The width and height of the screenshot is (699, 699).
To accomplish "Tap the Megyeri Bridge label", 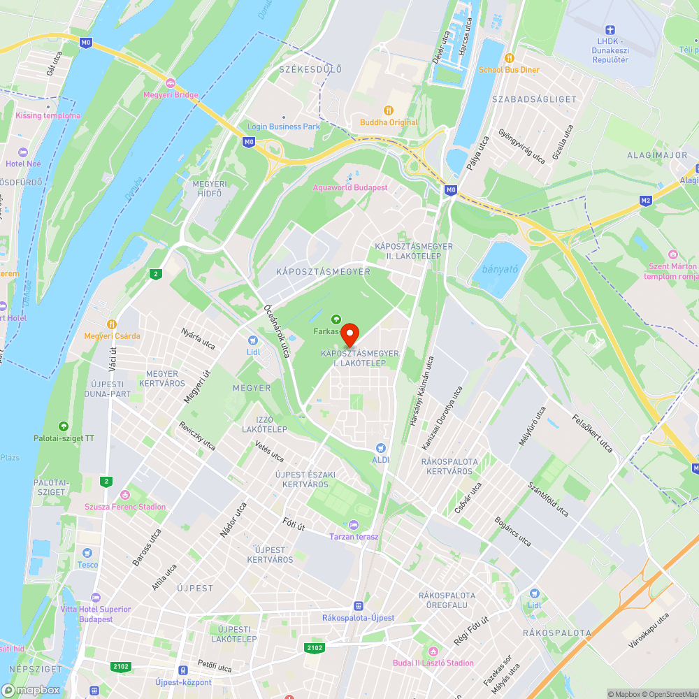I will (171, 95).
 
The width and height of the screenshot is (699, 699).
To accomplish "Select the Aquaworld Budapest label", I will (349, 187).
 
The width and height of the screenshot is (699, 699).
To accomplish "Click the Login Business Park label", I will (283, 127).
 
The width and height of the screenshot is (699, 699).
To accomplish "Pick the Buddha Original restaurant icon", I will (389, 110).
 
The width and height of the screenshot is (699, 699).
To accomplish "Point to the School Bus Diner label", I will (509, 70).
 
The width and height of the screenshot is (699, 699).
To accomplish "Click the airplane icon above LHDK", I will (609, 30).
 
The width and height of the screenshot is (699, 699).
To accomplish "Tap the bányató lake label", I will (499, 269).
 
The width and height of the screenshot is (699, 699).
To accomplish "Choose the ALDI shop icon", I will (380, 447).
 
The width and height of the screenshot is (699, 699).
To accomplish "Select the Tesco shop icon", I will (87, 552).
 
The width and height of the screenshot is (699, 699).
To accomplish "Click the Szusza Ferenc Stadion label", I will (125, 507).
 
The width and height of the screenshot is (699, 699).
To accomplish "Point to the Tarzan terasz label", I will (354, 536).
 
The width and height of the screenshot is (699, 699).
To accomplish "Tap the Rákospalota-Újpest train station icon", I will (359, 606).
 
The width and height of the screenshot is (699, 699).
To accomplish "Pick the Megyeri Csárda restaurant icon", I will (111, 324).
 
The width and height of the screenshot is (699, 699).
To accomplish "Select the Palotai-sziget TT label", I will (64, 438).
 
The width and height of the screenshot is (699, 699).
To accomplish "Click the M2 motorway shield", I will (646, 200).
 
